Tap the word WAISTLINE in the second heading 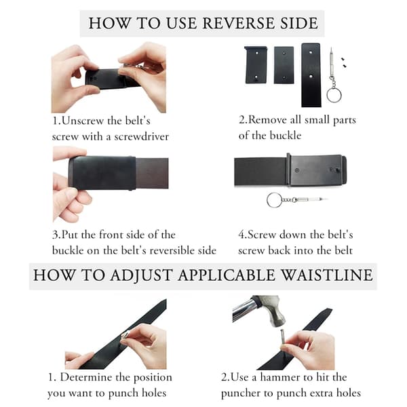pyautogui.click(x=327, y=275)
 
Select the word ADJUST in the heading pyautogui.click(x=141, y=275)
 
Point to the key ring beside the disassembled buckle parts pyautogui.click(x=334, y=95)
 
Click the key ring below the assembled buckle pyautogui.click(x=274, y=200)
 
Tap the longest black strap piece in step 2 pyautogui.click(x=311, y=75)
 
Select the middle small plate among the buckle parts pyautogui.click(x=284, y=65)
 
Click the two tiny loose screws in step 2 pyautogui.click(x=344, y=62)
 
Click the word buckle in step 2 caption pyautogui.click(x=286, y=136)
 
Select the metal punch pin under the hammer pyautogui.click(x=283, y=339)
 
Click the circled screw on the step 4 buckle pyautogui.click(x=297, y=170)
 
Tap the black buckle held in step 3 pyautogui.click(x=102, y=172)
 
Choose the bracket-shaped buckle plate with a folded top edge pyautogui.click(x=256, y=64)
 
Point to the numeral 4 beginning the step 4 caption pyautogui.click(x=241, y=235)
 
